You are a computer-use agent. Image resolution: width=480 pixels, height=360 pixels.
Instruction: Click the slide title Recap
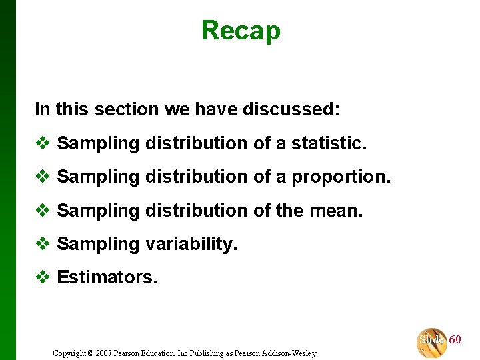(x=241, y=31)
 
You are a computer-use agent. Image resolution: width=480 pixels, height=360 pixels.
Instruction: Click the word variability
(x=191, y=245)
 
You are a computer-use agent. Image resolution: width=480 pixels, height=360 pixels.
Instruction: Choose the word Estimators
(x=107, y=277)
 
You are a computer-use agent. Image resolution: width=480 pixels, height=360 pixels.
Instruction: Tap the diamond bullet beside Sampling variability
(x=43, y=244)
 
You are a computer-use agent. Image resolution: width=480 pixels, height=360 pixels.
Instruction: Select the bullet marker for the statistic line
(x=43, y=143)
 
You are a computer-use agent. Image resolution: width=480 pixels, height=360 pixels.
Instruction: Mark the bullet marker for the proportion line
(x=43, y=177)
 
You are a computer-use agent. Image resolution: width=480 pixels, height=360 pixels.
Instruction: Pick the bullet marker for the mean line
(x=43, y=211)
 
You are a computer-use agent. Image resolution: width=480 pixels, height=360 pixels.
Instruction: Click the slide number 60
(x=455, y=340)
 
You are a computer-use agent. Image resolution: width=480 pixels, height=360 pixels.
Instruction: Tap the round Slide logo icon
(x=431, y=342)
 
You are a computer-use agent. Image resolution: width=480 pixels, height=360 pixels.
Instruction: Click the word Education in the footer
(x=162, y=353)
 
